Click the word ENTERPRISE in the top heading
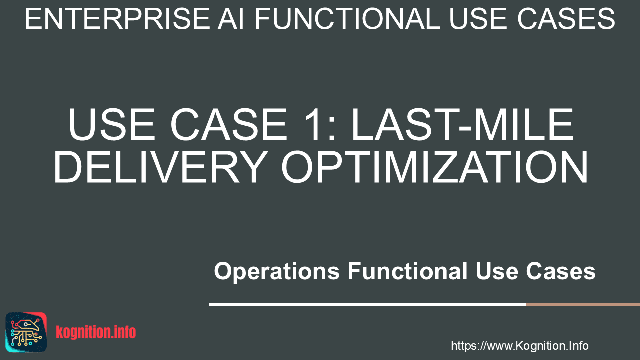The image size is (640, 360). (x=117, y=19)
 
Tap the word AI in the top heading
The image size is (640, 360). (x=231, y=19)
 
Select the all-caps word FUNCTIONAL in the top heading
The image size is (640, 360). (x=347, y=19)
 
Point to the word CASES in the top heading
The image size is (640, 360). (x=566, y=19)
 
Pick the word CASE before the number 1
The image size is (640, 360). (x=228, y=125)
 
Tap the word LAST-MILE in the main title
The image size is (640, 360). (x=463, y=125)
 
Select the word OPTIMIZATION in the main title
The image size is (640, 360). (x=435, y=167)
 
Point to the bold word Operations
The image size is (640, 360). (x=277, y=271)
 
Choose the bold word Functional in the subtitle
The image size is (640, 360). (x=407, y=271)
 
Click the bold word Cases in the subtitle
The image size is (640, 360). (x=561, y=271)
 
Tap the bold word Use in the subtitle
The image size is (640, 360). (x=497, y=271)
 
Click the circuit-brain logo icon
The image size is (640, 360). (x=26, y=332)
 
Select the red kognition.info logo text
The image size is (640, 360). (x=96, y=332)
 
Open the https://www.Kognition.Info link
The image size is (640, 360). (x=520, y=346)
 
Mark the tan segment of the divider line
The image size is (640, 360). (x=583, y=304)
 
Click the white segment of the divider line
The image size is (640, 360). (x=367, y=304)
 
